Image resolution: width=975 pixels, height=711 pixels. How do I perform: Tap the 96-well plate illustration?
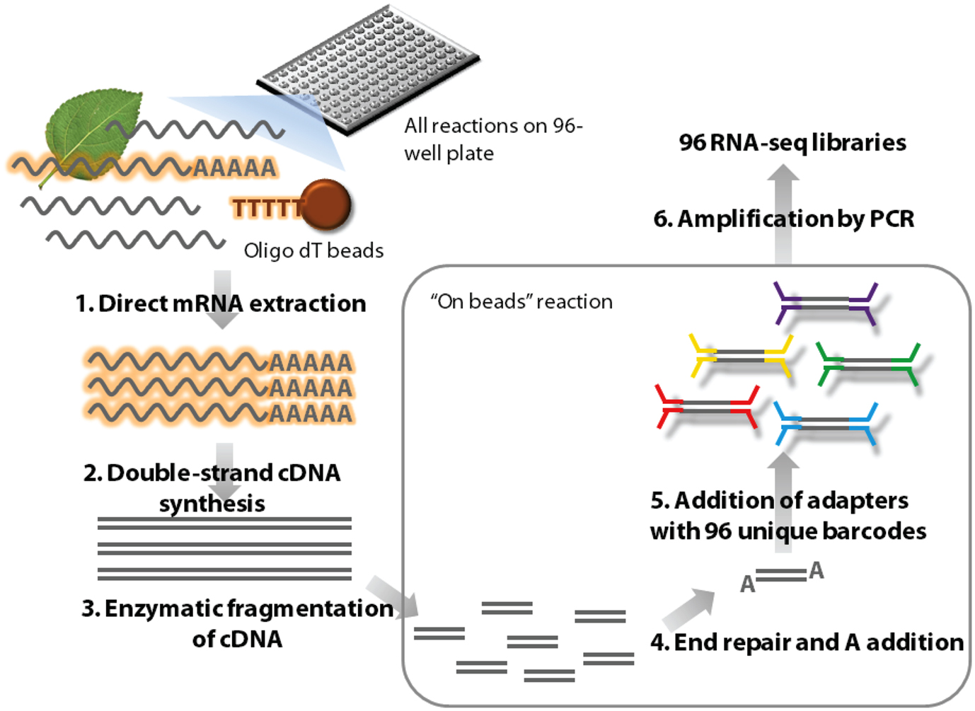[368, 67]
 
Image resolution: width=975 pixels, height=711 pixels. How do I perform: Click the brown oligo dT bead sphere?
[325, 205]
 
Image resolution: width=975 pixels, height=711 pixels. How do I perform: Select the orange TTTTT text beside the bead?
[266, 209]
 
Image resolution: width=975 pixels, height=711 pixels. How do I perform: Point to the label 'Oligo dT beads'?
[313, 250]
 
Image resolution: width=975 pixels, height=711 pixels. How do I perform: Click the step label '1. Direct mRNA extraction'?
[221, 304]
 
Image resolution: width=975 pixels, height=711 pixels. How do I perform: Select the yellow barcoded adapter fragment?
[740, 356]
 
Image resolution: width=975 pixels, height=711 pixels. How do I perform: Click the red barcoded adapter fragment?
[706, 407]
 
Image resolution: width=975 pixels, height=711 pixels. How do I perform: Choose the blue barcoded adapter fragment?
[825, 424]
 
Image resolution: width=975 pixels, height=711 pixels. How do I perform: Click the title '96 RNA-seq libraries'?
[792, 143]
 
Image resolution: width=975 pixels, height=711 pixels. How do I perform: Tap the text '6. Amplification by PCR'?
[784, 219]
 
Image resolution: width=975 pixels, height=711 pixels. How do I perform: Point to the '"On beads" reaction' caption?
[521, 301]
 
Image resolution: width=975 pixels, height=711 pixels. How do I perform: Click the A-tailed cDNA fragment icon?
[782, 577]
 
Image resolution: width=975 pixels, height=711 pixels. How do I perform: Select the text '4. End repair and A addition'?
[807, 642]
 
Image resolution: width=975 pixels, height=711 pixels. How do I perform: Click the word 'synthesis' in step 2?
[212, 504]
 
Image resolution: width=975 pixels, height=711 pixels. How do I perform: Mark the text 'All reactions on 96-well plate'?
[492, 139]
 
